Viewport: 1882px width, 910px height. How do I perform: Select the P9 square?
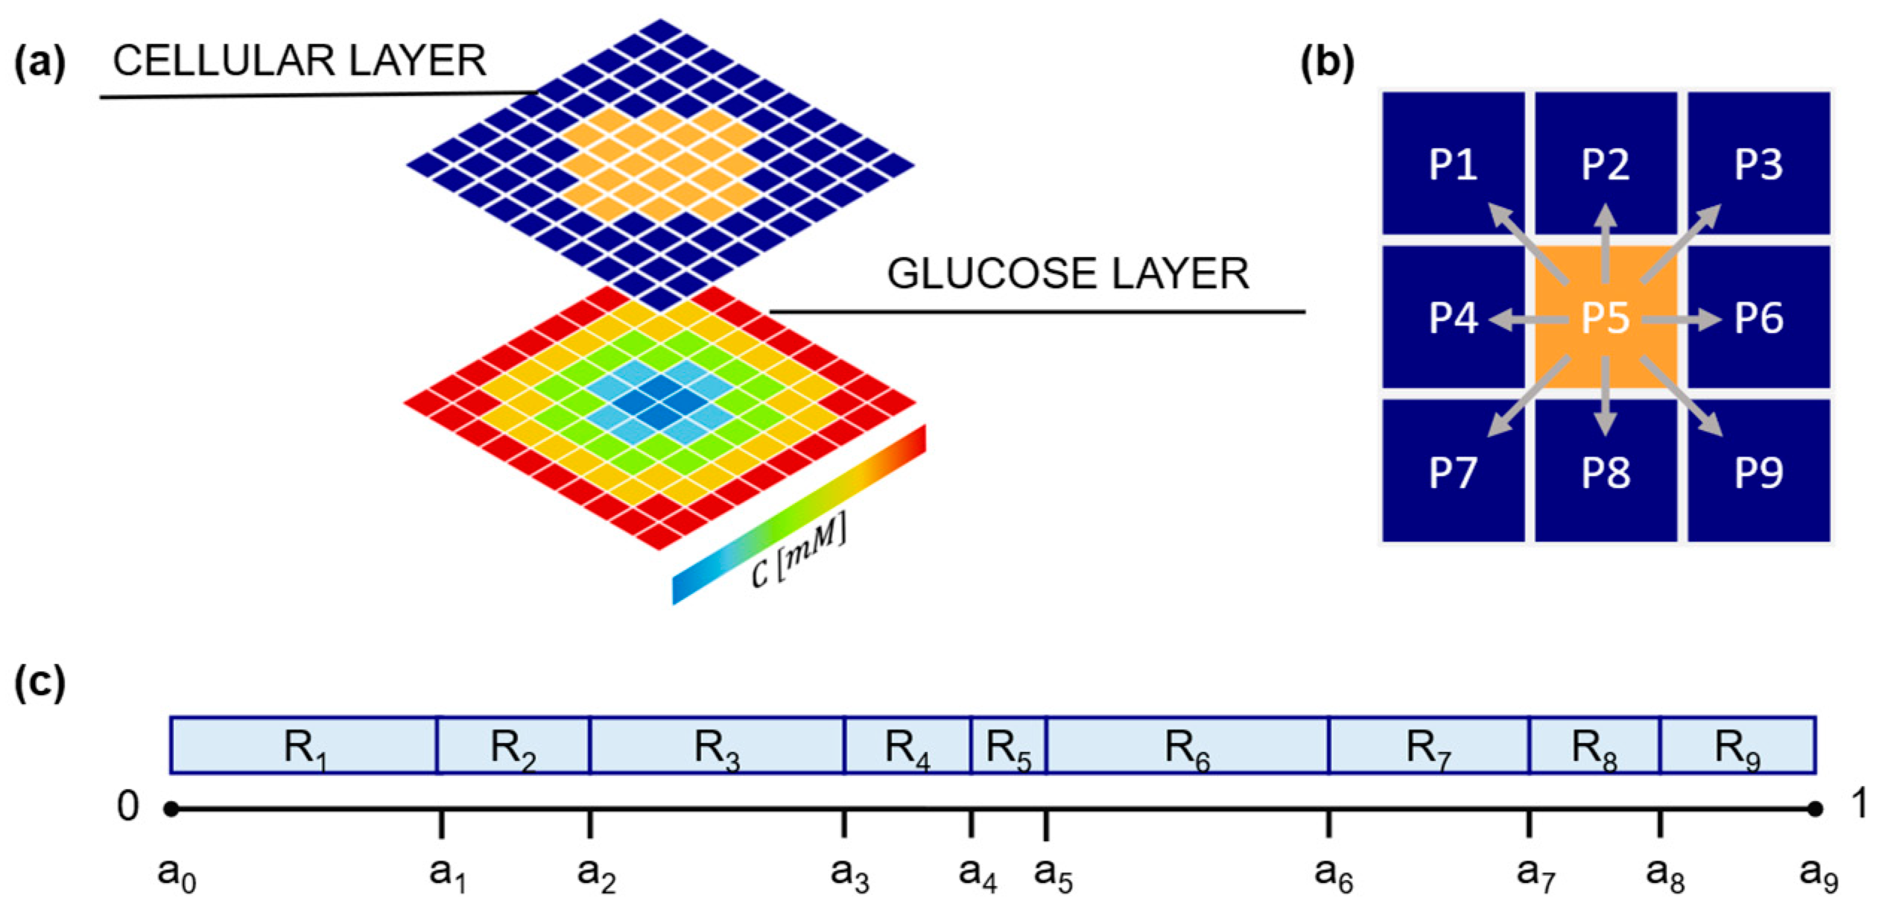(1758, 471)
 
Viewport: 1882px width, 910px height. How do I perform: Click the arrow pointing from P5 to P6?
(1681, 320)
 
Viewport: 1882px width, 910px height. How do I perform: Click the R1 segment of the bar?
(304, 745)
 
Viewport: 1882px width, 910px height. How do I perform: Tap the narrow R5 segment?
(1009, 745)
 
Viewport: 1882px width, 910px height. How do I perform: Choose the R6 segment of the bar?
(1187, 745)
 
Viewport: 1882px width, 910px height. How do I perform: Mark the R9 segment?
(1737, 745)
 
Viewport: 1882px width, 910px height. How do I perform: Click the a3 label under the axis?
(850, 873)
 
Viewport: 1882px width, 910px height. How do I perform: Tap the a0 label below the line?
(177, 873)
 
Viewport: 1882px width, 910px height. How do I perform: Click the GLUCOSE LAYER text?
(1067, 274)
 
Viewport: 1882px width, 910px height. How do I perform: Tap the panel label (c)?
(40, 683)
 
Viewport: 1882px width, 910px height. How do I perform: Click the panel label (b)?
(1327, 63)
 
